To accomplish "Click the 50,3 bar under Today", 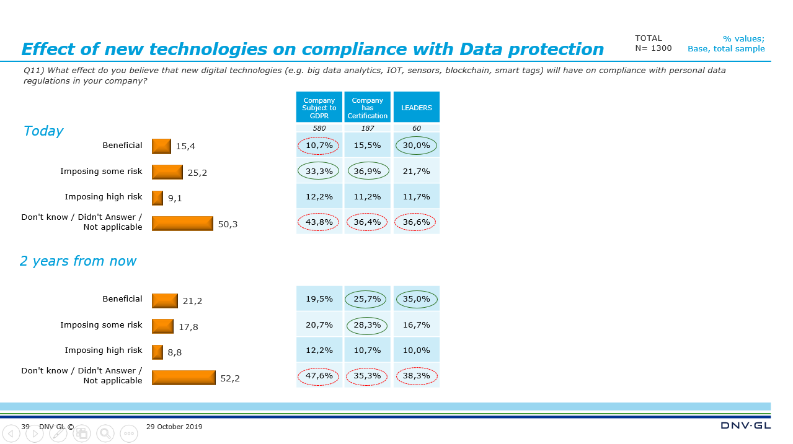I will coord(182,224).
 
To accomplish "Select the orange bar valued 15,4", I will coord(161,146).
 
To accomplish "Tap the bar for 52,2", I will coord(184,378).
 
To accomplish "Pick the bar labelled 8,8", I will coord(157,352).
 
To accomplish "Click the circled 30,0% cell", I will coord(416,146).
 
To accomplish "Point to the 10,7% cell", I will coord(319,146).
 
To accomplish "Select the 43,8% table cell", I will coord(319,222).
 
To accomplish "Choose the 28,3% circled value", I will coord(367,324).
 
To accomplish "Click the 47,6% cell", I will coord(319,376).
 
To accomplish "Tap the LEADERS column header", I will coord(416,108).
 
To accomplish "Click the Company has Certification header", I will coord(367,108).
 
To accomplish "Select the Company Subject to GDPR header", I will coord(319,108).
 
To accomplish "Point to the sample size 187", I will coord(367,128).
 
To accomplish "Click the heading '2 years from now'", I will coord(78,261).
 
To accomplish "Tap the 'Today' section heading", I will coord(43,131).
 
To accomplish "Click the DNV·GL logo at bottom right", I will coord(745,426).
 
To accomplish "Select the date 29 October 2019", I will coord(174,427).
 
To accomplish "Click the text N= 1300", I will coord(653,48).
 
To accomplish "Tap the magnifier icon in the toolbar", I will coord(105,433).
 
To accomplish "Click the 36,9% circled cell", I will coord(367,171).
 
